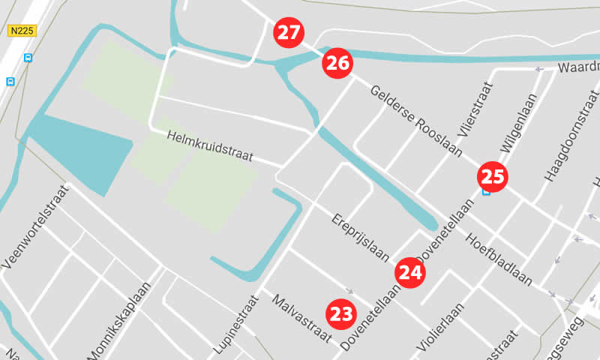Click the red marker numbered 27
point(289,32)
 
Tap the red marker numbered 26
point(338,63)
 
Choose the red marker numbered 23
point(341,313)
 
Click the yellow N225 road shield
point(22,31)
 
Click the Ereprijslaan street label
point(360,238)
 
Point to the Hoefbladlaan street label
point(499,259)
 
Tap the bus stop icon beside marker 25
point(486,192)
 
